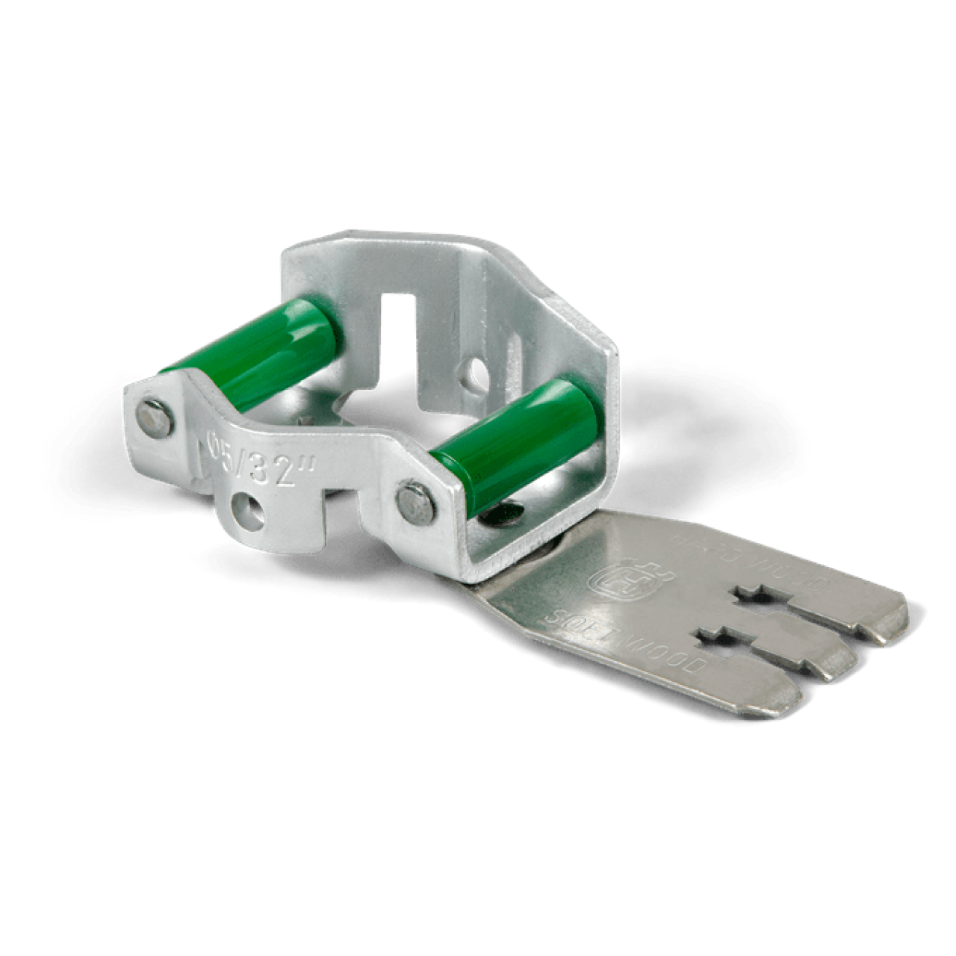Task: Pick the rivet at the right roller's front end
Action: point(416,503)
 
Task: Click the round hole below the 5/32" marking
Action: point(247,512)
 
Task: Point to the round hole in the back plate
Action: point(474,370)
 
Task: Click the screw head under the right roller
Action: point(502,514)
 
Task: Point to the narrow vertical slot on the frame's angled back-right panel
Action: point(515,351)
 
